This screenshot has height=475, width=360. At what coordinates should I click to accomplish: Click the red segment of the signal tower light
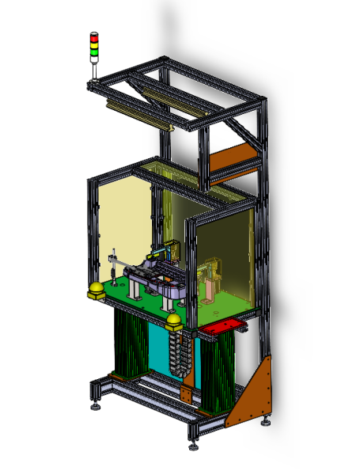pos(94,36)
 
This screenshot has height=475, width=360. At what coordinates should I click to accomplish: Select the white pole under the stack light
pos(94,70)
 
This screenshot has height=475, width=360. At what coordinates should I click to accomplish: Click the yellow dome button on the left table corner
pos(96,291)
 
